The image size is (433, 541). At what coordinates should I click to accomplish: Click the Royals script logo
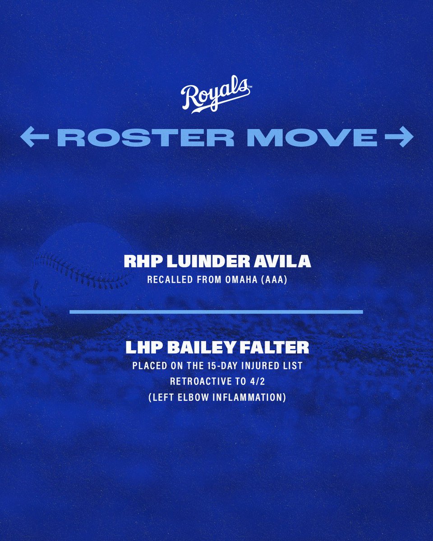[215, 96]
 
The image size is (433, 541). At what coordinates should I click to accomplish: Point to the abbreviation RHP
[139, 263]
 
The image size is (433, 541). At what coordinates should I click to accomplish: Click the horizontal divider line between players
[216, 312]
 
